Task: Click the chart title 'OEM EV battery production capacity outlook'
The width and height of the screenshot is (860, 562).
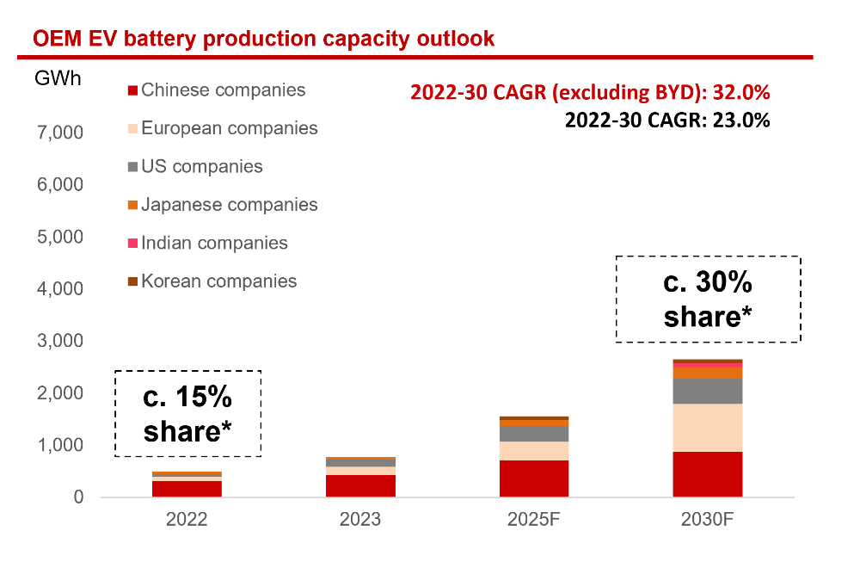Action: (263, 39)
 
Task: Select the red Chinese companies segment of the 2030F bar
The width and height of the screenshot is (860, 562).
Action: (708, 474)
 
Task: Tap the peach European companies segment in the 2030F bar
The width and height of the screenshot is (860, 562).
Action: (708, 428)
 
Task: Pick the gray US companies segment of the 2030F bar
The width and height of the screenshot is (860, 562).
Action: (708, 391)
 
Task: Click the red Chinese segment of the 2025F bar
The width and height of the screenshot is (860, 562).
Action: (534, 479)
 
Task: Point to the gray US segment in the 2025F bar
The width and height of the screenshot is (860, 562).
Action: (534, 434)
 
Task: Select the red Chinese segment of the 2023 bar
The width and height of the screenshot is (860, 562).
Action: (360, 485)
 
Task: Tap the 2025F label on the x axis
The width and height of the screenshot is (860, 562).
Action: (534, 520)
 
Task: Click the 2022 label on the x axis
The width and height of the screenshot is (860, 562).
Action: (187, 520)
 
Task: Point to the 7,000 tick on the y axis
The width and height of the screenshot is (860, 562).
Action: (58, 133)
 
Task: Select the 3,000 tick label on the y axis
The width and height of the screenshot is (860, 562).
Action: (58, 341)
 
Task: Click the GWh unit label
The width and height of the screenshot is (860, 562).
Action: (58, 79)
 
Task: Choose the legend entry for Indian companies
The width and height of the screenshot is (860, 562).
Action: (214, 243)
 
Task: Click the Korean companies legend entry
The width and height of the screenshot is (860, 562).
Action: (218, 281)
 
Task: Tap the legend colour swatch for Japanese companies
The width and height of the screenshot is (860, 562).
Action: (132, 205)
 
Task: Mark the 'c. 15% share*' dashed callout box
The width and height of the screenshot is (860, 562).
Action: (187, 413)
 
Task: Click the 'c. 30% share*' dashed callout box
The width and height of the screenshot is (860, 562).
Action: (708, 299)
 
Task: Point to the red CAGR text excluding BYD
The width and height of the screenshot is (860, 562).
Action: (590, 92)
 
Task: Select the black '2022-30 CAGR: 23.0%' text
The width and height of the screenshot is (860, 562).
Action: (666, 120)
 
